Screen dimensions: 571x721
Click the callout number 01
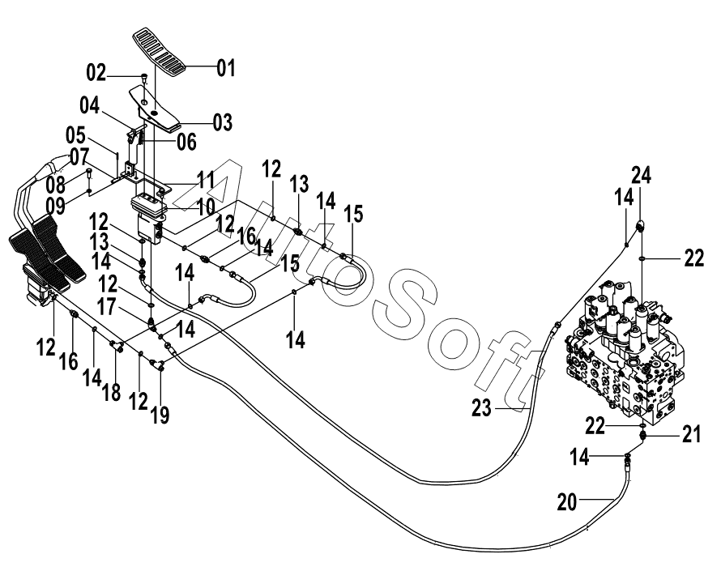tap(225, 68)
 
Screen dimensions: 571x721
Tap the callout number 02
tap(96, 75)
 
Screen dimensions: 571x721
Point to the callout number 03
tap(221, 122)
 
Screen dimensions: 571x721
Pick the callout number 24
tap(642, 174)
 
